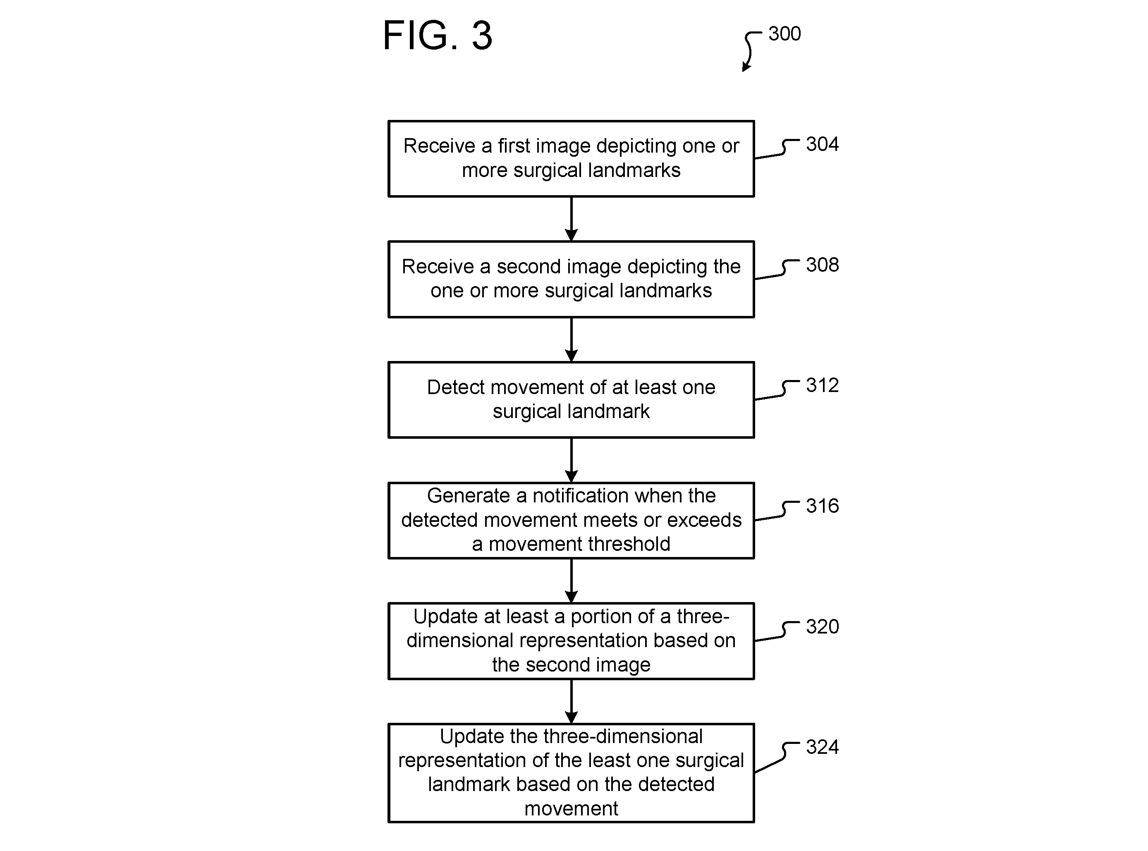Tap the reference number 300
tap(784, 34)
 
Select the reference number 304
tap(822, 144)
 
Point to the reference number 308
tap(822, 265)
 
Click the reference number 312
tap(822, 385)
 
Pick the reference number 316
tap(822, 506)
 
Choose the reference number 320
tap(822, 626)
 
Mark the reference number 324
tap(822, 747)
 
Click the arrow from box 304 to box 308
tap(571, 219)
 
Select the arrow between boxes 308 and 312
tap(571, 339)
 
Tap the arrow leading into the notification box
tap(571, 460)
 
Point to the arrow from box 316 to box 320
tap(571, 581)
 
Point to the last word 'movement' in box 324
tap(571, 809)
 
